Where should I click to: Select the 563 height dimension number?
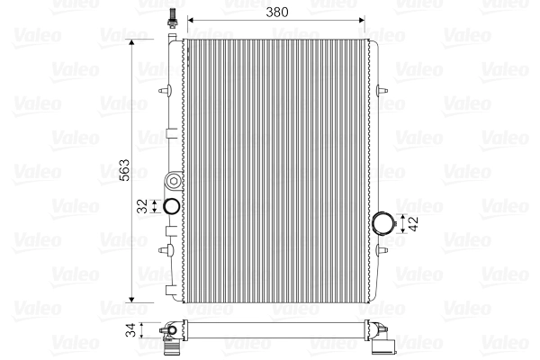[x=125, y=171]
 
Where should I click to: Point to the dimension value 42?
[x=413, y=223]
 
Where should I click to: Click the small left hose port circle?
[x=171, y=206]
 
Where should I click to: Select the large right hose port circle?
[x=384, y=223]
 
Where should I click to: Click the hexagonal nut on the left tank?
[x=170, y=175]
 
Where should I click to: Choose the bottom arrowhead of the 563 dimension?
[x=134, y=296]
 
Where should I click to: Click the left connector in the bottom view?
[x=170, y=335]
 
